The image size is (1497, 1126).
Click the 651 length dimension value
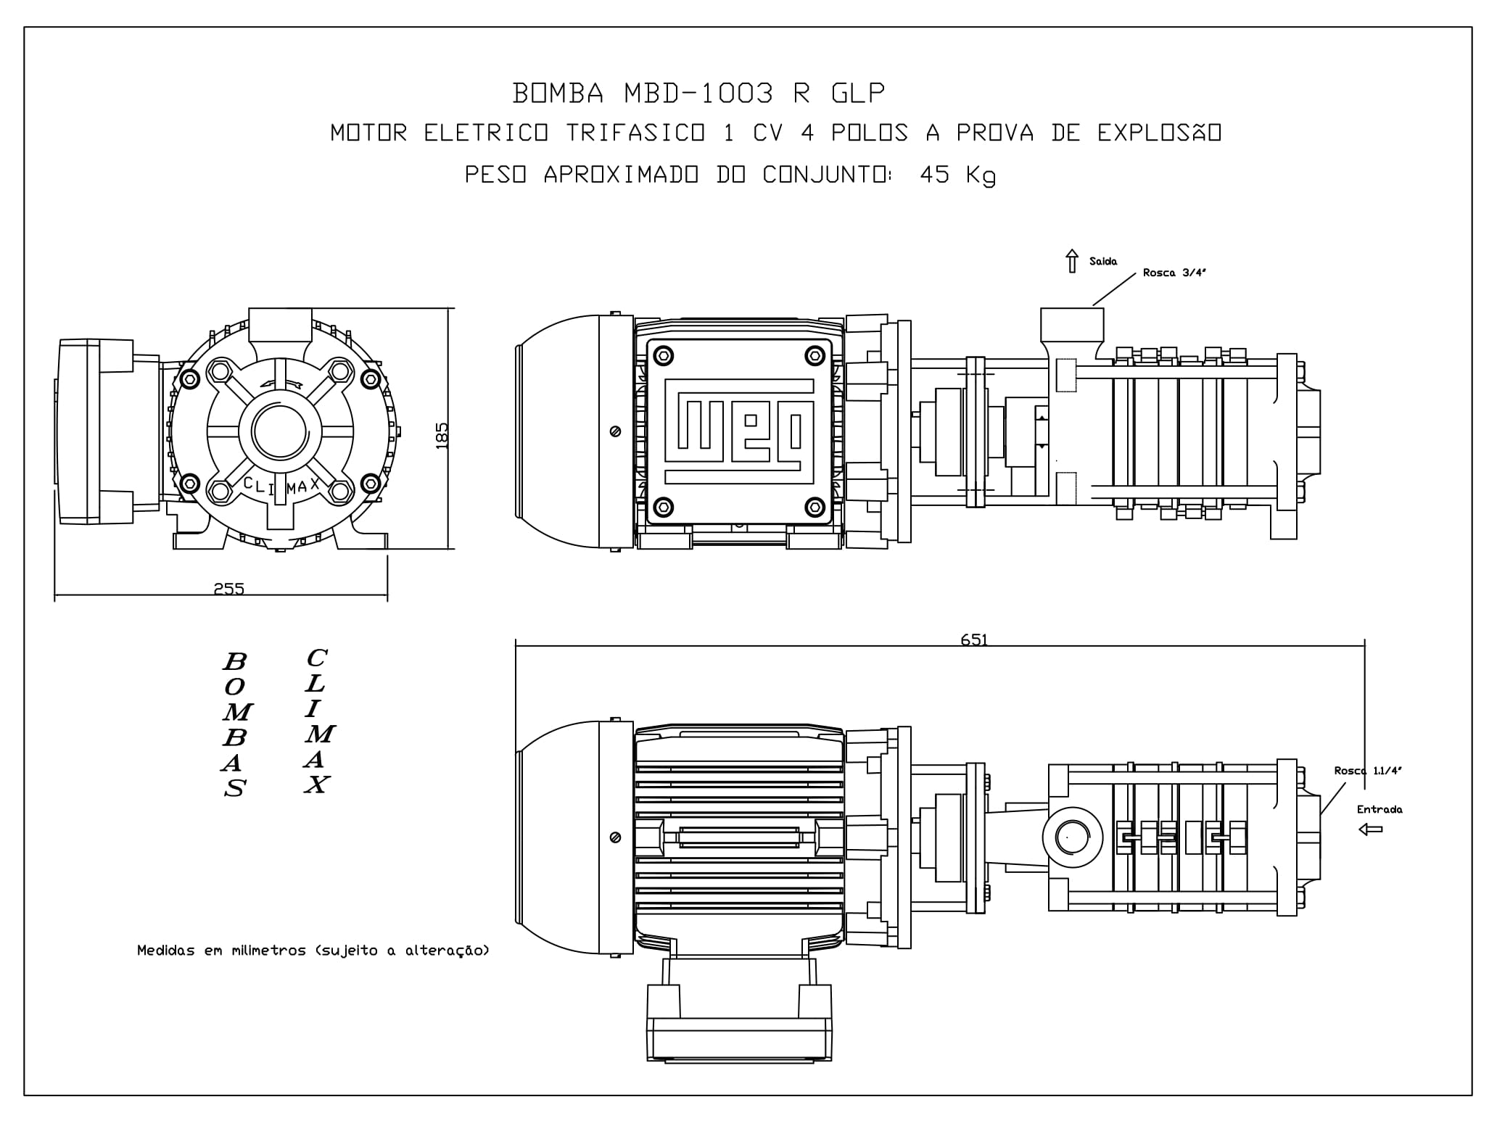[974, 639]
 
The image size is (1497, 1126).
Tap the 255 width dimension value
[229, 589]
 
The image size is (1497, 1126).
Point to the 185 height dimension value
[442, 436]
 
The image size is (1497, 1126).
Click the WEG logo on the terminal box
[738, 431]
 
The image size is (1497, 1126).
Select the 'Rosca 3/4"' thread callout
[1174, 273]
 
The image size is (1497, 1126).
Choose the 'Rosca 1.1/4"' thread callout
[1368, 771]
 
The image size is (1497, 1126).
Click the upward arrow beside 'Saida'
[1072, 261]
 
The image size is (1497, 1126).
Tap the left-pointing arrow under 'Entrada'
[1370, 829]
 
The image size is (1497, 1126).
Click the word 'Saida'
[1103, 261]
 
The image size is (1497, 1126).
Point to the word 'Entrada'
[1380, 809]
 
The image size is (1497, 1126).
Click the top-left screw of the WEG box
[663, 356]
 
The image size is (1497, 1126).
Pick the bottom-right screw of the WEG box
[815, 506]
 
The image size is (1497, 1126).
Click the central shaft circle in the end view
[280, 431]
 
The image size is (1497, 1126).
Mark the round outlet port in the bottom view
[1072, 837]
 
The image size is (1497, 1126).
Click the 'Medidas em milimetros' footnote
[313, 950]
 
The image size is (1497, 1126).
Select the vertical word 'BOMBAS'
[234, 724]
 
